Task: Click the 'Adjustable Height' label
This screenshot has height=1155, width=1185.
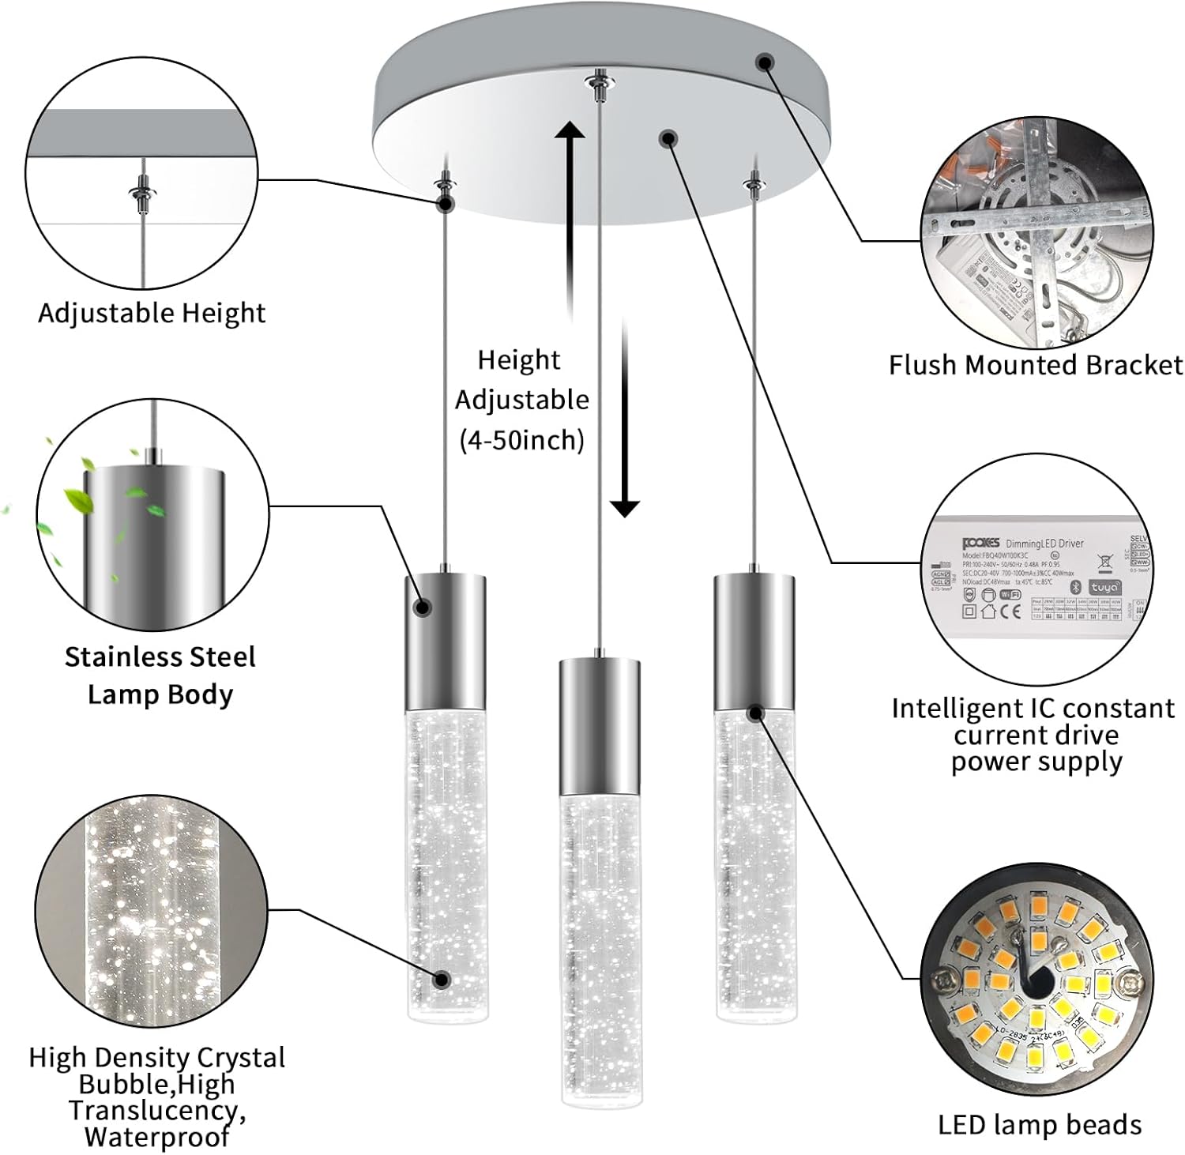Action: [x=152, y=314]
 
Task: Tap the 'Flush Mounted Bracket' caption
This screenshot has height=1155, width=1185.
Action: [x=1035, y=365]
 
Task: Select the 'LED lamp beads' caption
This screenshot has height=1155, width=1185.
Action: [x=1040, y=1125]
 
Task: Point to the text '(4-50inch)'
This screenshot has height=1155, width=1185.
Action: [x=522, y=440]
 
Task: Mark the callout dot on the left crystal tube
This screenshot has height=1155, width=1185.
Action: [x=442, y=980]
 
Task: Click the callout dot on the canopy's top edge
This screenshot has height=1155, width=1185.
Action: [x=764, y=62]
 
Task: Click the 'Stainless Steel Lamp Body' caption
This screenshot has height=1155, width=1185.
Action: [x=160, y=675]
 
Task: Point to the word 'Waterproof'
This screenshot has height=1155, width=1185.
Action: [x=156, y=1138]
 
